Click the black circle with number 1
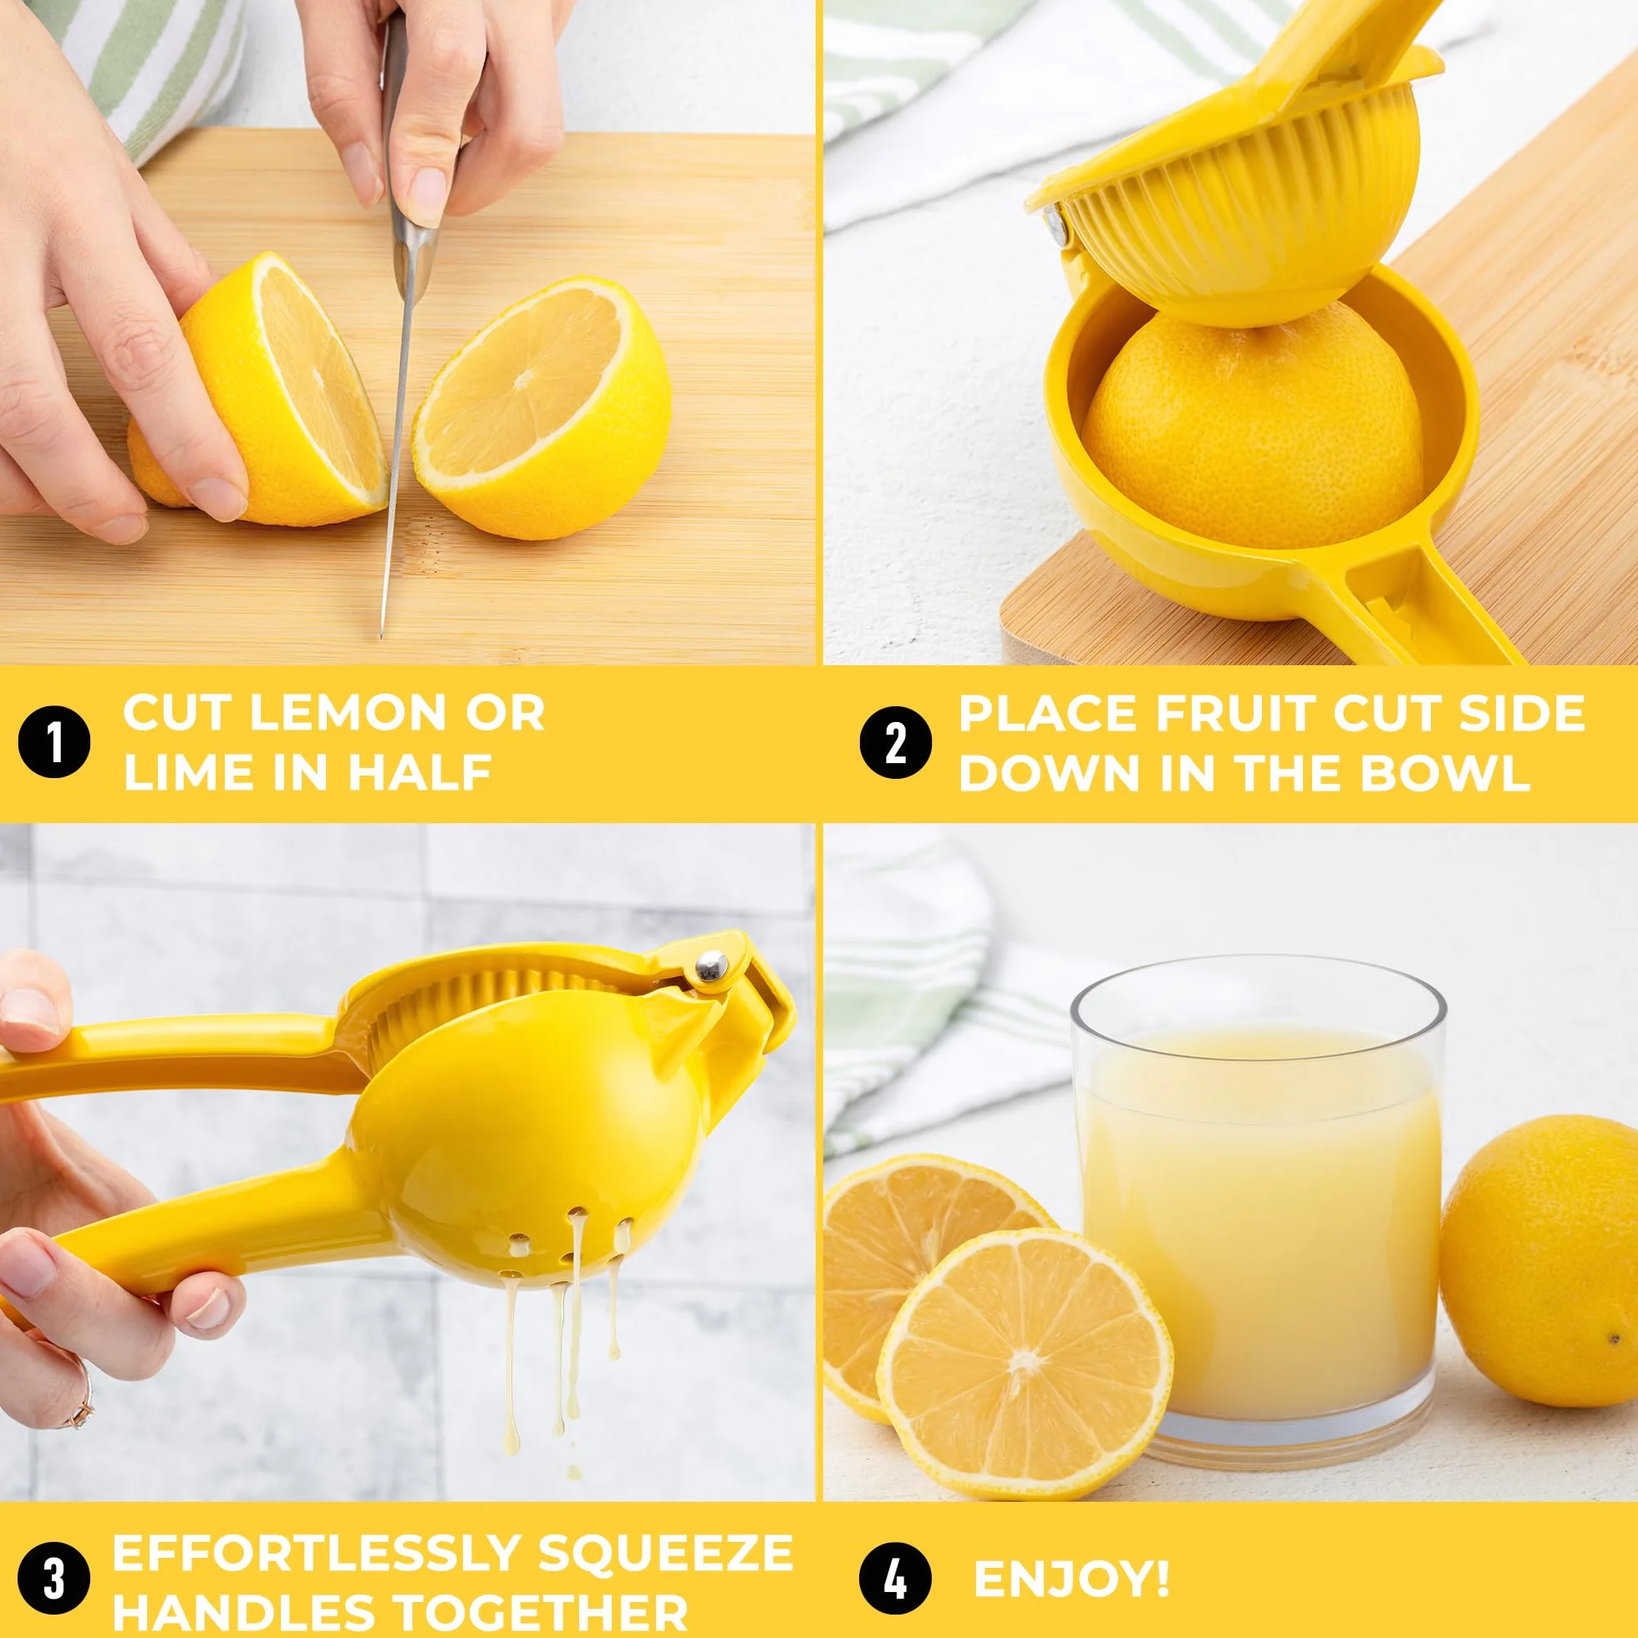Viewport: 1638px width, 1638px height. coord(53,743)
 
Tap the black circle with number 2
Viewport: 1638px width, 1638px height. coord(895,743)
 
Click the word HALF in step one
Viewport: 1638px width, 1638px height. coord(421,773)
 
